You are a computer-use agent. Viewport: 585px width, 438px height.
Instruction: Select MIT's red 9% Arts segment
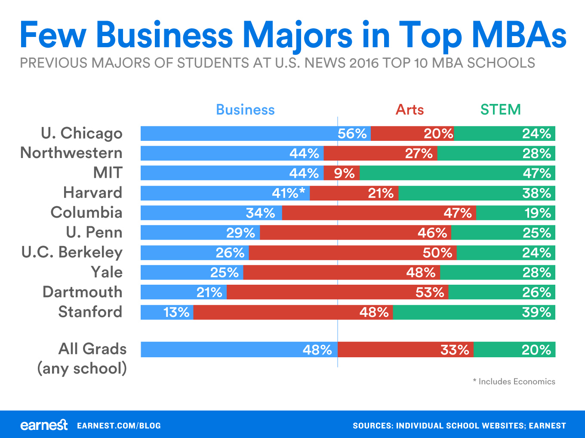pyautogui.click(x=342, y=173)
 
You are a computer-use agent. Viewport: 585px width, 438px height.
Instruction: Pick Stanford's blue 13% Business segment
pyautogui.click(x=167, y=312)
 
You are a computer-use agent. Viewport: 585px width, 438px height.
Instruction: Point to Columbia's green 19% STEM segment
pyautogui.click(x=515, y=213)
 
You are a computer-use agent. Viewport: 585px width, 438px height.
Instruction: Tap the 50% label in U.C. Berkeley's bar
pyautogui.click(x=437, y=253)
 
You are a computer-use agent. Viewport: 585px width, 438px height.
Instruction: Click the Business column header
pyautogui.click(x=245, y=110)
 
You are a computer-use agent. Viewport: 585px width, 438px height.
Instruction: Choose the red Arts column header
pyautogui.click(x=409, y=110)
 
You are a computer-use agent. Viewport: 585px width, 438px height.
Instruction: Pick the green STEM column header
pyautogui.click(x=500, y=110)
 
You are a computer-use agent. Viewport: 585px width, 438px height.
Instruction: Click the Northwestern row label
pyautogui.click(x=71, y=153)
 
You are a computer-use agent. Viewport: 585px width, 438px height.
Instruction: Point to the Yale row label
pyautogui.click(x=106, y=272)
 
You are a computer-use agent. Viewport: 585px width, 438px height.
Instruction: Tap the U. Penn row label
pyautogui.click(x=94, y=233)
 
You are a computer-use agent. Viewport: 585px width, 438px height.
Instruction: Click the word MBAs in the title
pyautogui.click(x=519, y=35)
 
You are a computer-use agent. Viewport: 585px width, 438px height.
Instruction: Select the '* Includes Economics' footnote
pyautogui.click(x=514, y=381)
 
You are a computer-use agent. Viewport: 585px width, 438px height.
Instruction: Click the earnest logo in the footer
pyautogui.click(x=44, y=425)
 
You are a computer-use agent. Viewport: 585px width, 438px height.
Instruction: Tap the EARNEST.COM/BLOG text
pyautogui.click(x=119, y=426)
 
